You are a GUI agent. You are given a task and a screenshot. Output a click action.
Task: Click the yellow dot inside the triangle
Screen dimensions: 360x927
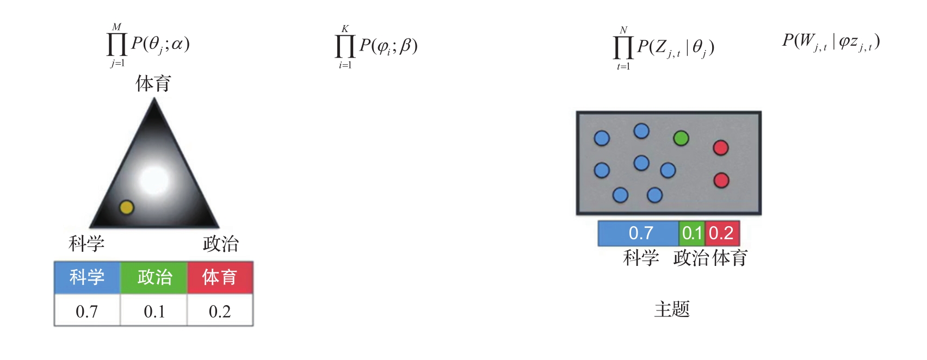coord(126,207)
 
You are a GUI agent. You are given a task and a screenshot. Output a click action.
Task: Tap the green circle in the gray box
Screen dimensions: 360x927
coord(681,138)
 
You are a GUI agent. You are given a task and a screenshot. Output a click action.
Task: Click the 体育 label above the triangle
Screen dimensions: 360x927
coord(153,84)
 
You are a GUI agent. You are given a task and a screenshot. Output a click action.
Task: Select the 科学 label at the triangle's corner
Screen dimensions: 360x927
coord(86,243)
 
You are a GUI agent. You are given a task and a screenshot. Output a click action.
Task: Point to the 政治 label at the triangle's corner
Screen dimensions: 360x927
coord(220,243)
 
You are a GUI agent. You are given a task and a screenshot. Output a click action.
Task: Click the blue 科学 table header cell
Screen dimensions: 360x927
coord(87,277)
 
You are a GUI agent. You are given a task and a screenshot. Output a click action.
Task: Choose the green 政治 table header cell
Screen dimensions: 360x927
coord(154,277)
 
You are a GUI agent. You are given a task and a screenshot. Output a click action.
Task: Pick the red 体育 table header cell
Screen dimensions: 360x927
coord(220,277)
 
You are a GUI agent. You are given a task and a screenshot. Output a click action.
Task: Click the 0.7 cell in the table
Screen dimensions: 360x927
coord(87,311)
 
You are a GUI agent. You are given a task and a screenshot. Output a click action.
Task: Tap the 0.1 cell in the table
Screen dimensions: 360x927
coord(154,311)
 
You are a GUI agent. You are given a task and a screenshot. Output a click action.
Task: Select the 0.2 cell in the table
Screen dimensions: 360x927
coord(220,311)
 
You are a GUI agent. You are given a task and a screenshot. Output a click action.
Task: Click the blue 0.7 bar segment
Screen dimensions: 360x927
coord(639,233)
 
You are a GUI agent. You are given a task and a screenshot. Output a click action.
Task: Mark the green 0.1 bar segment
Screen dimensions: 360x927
coord(692,233)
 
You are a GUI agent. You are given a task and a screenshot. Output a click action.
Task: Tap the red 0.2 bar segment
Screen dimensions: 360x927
coord(722,233)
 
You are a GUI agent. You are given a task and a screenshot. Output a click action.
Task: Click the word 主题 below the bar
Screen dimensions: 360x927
coord(672,309)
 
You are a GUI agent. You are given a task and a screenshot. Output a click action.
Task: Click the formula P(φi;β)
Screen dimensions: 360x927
coord(377,46)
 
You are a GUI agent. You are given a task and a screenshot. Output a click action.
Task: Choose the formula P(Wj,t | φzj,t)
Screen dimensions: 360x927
coord(831,42)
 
